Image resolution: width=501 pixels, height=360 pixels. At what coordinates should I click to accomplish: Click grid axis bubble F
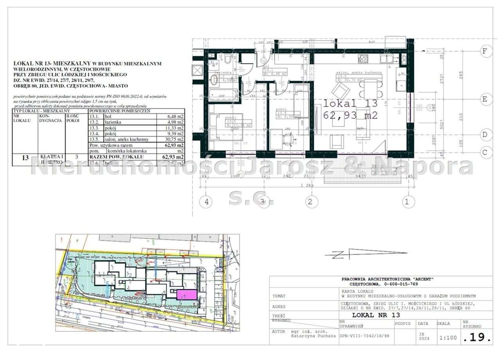[x=485, y=51]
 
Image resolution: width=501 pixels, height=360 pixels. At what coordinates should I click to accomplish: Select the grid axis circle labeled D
[x=485, y=135]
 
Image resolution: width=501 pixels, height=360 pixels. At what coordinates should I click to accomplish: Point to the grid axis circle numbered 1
[x=407, y=202]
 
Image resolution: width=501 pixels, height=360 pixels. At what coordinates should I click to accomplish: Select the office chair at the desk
[x=288, y=138]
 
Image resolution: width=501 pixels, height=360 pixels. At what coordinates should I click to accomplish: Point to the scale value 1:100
[x=447, y=337]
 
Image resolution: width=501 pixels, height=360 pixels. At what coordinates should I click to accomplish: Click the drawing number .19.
[x=476, y=337]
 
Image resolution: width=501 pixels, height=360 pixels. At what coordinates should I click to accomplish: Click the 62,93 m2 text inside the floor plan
[x=350, y=115]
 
